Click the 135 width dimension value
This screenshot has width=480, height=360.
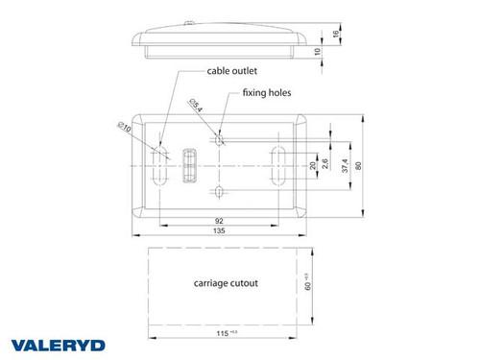click(220, 231)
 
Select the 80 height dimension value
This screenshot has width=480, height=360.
click(359, 164)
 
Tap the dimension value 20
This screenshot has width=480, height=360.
click(312, 164)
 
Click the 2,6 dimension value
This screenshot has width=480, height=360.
click(325, 164)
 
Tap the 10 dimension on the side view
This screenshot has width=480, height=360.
click(319, 51)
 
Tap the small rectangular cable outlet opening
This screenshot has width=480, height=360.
click(189, 164)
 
